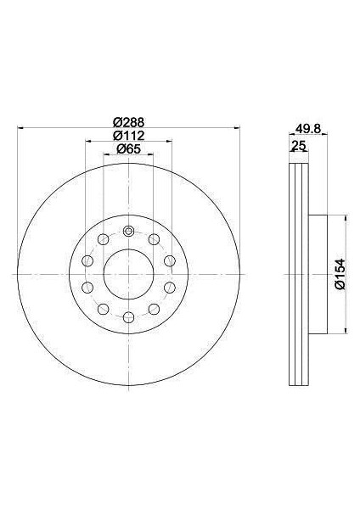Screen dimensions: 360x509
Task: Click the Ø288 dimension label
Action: tap(128, 122)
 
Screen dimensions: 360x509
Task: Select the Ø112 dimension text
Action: tap(128, 136)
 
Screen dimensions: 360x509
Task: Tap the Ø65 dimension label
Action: tap(128, 149)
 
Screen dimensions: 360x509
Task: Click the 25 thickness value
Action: tap(299, 146)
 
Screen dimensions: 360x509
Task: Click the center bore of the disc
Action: tap(129, 274)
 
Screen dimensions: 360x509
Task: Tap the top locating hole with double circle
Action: tap(129, 232)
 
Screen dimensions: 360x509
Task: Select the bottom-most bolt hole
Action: tap(129, 317)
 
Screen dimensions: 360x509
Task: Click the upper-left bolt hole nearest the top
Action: tap(104, 239)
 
